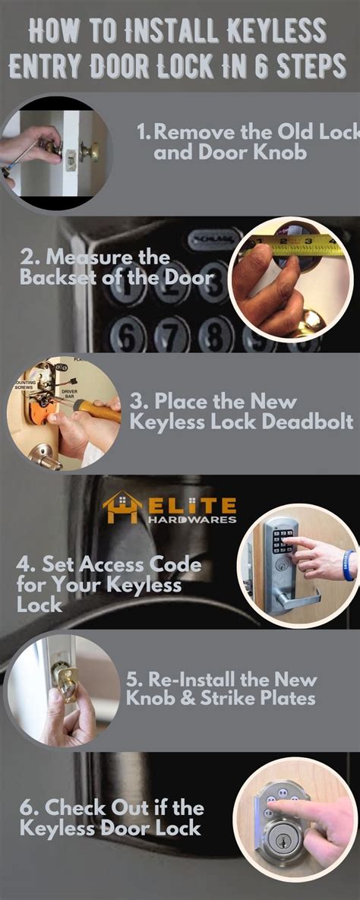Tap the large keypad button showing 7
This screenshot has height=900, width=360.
coord(173,335)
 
